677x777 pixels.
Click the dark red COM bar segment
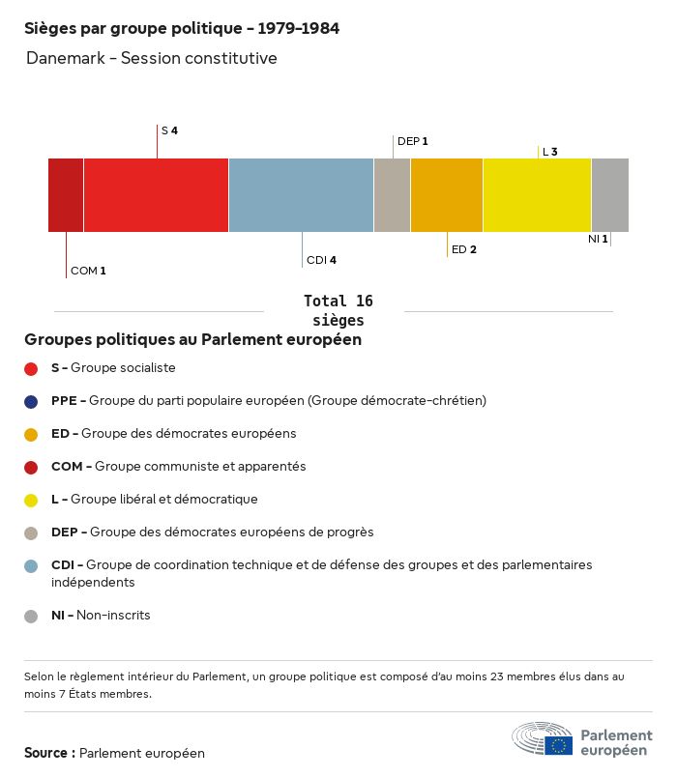(66, 195)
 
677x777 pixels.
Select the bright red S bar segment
(156, 195)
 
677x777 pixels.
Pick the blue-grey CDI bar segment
(301, 195)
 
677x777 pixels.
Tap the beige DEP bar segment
(392, 195)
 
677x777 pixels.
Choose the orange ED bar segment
(447, 195)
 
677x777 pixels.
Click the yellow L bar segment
(537, 195)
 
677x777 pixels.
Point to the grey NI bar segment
(609, 195)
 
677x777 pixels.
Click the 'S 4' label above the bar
(169, 129)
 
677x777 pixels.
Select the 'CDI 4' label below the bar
(321, 260)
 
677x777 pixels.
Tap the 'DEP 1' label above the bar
(412, 141)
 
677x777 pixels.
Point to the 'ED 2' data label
(464, 249)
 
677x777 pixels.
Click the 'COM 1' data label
(88, 271)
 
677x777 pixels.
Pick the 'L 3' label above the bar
(549, 152)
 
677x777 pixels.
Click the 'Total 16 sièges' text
(338, 310)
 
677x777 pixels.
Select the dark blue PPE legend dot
(31, 401)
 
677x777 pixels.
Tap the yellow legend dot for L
(31, 500)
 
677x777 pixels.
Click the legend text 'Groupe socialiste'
(123, 368)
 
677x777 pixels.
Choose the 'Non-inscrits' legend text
(113, 615)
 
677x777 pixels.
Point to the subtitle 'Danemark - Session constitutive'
(152, 58)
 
